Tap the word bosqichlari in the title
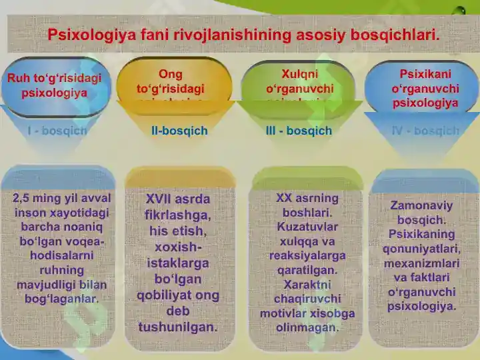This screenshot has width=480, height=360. click(x=391, y=35)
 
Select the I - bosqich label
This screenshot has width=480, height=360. click(x=57, y=131)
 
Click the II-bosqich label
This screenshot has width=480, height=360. click(x=179, y=131)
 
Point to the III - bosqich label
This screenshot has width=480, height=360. click(x=299, y=131)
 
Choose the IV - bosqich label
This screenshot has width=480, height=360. click(x=426, y=131)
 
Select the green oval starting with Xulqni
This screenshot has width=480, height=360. click(x=300, y=83)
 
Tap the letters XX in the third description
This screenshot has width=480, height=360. click(x=284, y=198)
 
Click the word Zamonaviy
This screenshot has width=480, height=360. click(x=421, y=205)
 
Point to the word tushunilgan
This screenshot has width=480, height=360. click(x=178, y=327)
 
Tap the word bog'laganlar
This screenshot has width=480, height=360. click(x=61, y=299)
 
